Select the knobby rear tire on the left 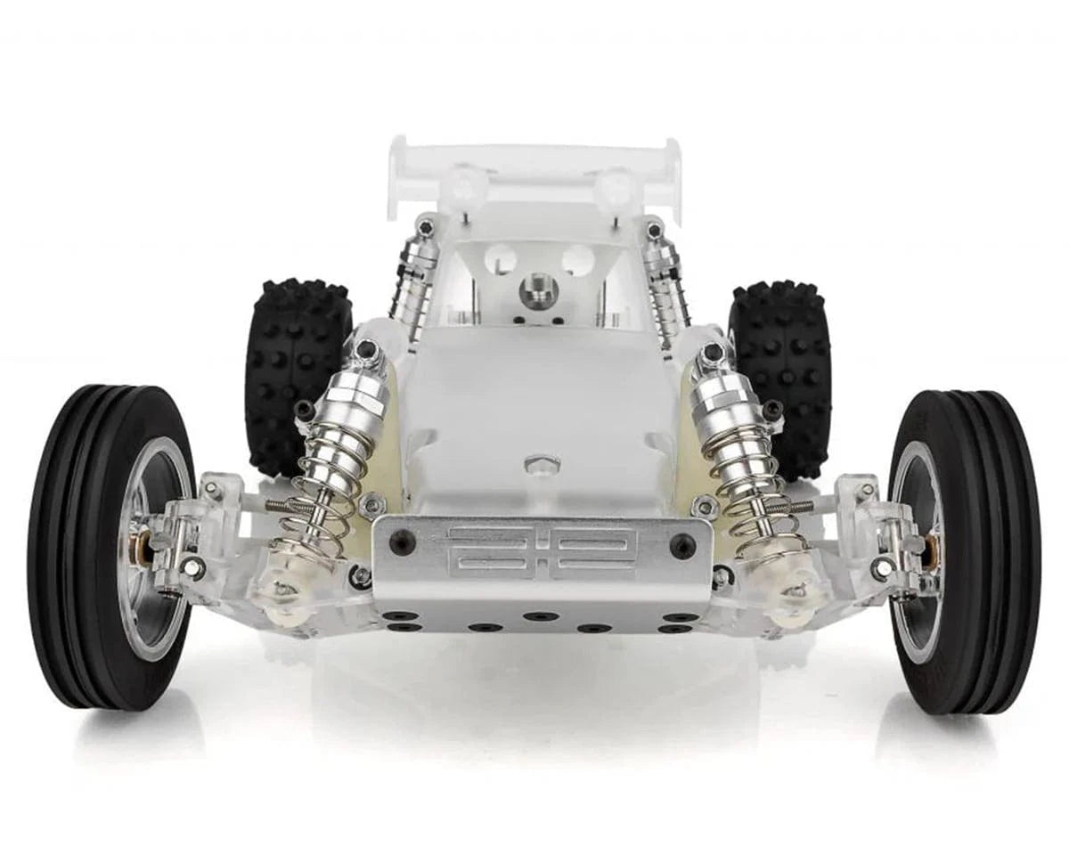(x=294, y=374)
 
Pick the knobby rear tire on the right (x=784, y=374)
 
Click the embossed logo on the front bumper (x=542, y=552)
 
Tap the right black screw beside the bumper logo (x=682, y=545)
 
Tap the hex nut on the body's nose (x=542, y=464)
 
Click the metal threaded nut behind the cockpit (x=539, y=290)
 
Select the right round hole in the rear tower (x=577, y=260)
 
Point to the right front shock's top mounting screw (x=713, y=353)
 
